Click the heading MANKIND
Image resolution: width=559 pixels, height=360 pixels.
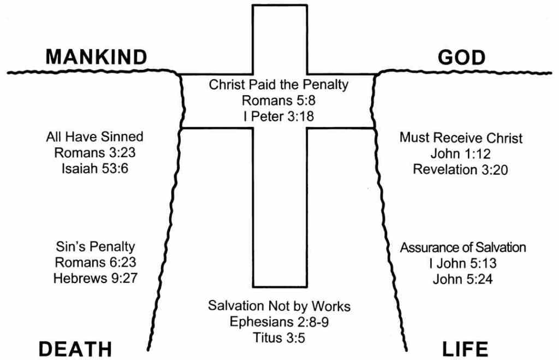click(x=96, y=57)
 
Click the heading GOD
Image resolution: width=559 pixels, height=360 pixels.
click(x=461, y=57)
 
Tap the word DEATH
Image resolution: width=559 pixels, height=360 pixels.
click(x=75, y=348)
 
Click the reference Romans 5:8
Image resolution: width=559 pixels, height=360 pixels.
click(x=279, y=101)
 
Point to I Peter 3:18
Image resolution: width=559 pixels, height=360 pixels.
click(x=279, y=115)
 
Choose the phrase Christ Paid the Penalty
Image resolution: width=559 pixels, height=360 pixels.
click(x=279, y=85)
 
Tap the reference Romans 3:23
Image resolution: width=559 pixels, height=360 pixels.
click(x=95, y=152)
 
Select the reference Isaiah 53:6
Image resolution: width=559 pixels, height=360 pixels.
click(x=95, y=168)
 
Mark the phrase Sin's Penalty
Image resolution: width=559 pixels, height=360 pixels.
click(x=95, y=247)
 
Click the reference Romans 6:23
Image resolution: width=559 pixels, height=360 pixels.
click(x=95, y=262)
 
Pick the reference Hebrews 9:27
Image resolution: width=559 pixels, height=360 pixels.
click(x=95, y=278)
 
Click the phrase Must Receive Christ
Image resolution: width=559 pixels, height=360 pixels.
click(x=461, y=138)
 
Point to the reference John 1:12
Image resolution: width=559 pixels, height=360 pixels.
click(x=461, y=154)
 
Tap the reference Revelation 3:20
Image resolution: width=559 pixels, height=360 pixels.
click(x=461, y=169)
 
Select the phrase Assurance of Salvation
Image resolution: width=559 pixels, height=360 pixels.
click(x=463, y=247)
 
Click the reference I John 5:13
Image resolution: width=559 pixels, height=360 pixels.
click(x=463, y=263)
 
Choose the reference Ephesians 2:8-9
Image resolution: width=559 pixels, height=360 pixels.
click(x=279, y=321)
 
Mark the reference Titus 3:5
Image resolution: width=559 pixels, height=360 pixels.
click(x=279, y=337)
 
